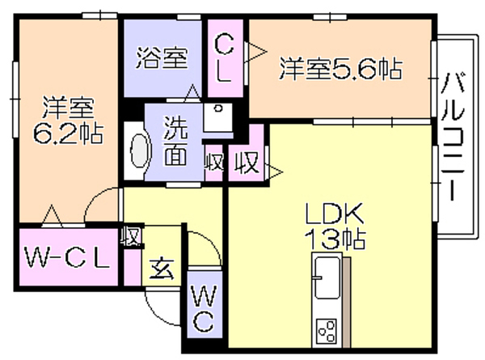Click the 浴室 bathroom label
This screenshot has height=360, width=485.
tap(162, 58)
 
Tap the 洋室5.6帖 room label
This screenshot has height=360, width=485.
tap(340, 69)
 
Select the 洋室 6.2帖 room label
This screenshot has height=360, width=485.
tap(69, 121)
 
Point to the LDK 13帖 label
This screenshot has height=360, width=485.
tap(335, 227)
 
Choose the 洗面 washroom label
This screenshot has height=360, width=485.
tap(175, 141)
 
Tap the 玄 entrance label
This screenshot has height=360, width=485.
tap(162, 269)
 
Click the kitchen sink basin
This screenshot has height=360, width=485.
tap(327, 277)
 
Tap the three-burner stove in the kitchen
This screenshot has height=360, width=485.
tap(327, 331)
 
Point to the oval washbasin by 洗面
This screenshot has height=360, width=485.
tap(140, 150)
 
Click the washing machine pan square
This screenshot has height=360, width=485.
tap(218, 117)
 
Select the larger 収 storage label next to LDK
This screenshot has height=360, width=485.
tap(247, 163)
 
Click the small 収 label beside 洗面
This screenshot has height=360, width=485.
tap(214, 162)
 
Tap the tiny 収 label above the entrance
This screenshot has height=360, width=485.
tap(132, 236)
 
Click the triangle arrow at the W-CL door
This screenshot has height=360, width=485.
tap(52, 214)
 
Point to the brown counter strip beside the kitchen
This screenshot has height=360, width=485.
tap(347, 302)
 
